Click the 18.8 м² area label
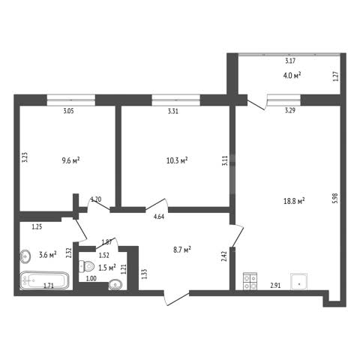(x=294, y=201)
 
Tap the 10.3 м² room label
(x=177, y=160)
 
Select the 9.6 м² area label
(x=70, y=160)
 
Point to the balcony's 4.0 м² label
(x=292, y=75)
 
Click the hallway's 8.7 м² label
(x=182, y=250)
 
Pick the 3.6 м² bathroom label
(x=48, y=255)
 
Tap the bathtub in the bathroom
(x=45, y=280)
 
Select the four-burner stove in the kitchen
(x=250, y=281)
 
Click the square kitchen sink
(x=299, y=282)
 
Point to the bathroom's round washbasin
(x=25, y=256)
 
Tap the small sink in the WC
(x=115, y=285)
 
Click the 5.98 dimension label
(x=335, y=198)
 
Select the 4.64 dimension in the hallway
(x=159, y=217)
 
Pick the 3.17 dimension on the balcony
(x=290, y=61)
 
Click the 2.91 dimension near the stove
(x=275, y=286)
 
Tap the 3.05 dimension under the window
(x=68, y=111)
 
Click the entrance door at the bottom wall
(x=176, y=298)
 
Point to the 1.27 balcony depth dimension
(x=336, y=76)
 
